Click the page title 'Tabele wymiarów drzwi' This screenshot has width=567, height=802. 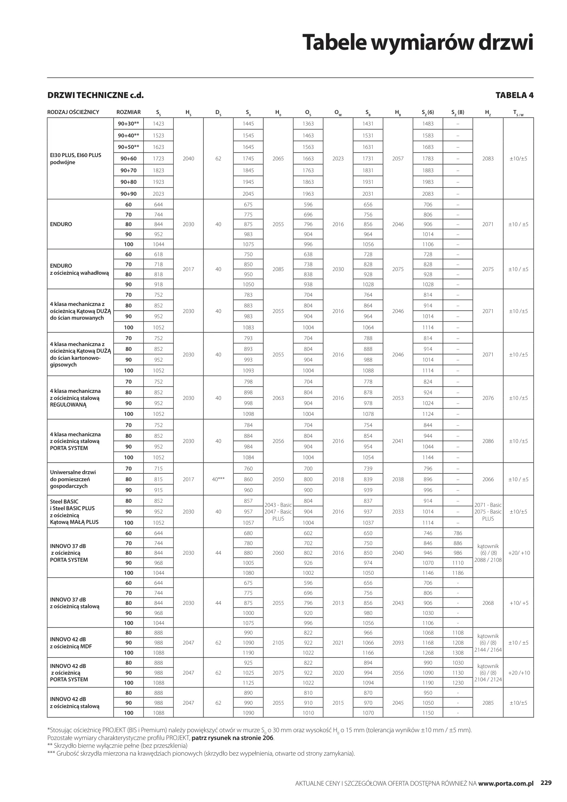(417, 42)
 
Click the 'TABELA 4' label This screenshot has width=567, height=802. (514, 95)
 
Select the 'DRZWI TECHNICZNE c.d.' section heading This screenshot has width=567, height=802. (95, 95)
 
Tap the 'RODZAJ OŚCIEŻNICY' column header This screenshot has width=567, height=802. (73, 112)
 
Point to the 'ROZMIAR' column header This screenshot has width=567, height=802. (128, 112)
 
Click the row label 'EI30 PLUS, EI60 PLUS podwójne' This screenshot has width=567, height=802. (76, 159)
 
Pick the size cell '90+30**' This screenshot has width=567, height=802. (128, 124)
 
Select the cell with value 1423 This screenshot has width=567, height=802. (158, 124)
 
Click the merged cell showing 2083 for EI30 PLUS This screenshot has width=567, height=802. (488, 159)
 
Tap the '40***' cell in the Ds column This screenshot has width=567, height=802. (218, 479)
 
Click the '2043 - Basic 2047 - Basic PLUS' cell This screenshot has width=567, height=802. (278, 512)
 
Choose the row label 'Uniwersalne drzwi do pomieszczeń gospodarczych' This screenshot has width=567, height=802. (73, 479)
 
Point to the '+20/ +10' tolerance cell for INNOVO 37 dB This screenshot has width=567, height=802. (518, 553)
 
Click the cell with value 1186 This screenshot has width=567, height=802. (458, 573)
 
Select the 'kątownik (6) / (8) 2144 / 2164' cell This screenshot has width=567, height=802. (488, 643)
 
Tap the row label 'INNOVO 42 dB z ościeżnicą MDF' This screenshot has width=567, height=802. (71, 643)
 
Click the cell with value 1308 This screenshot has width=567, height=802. (458, 653)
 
